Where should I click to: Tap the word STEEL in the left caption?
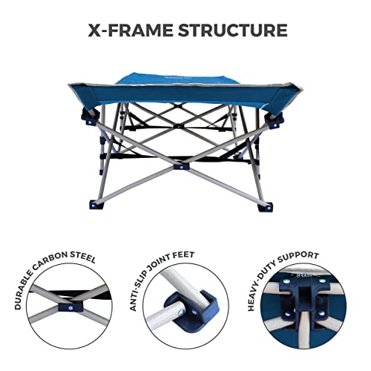pyautogui.click(x=87, y=260)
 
